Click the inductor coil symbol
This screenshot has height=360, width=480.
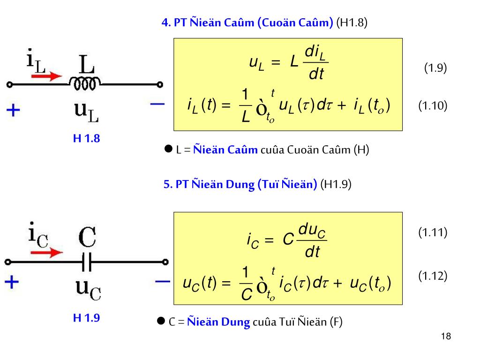[x=84, y=83]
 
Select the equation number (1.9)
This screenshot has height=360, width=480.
[x=435, y=68]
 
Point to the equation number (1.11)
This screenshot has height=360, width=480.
[x=433, y=232]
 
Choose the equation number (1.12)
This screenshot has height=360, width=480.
[x=433, y=276]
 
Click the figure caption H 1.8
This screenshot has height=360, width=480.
[x=87, y=138]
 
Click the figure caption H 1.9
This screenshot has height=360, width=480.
[x=87, y=318]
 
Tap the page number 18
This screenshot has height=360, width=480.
[x=446, y=337]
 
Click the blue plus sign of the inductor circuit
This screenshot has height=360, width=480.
[x=14, y=111]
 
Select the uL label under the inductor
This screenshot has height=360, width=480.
[x=87, y=112]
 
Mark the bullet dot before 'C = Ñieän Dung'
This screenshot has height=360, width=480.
[x=161, y=321]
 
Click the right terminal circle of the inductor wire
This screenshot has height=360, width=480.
[x=160, y=85]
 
